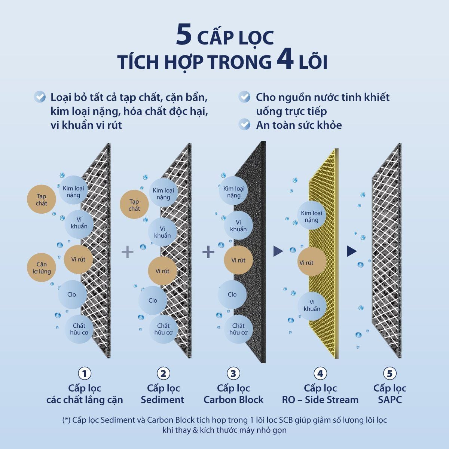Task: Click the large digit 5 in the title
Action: pos(184,36)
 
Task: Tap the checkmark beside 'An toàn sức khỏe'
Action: pos(245,125)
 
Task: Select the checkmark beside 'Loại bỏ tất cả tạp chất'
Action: pos(40,97)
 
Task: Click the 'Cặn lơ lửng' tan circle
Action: pos(42,268)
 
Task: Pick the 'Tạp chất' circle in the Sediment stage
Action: pos(134,205)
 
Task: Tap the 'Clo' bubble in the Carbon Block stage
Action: pos(232,294)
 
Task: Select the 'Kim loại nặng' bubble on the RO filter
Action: pos(311,216)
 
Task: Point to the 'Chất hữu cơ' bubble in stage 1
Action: pos(79,329)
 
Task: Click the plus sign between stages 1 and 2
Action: pos(128,251)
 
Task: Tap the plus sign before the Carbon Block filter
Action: pos(208,251)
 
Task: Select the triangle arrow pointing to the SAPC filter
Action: pos(351,251)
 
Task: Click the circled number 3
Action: pos(233,373)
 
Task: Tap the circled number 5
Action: pos(390,373)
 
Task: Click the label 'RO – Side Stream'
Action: pos(320,400)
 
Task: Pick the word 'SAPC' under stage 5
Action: pos(390,400)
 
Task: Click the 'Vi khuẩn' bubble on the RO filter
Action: pos(312,305)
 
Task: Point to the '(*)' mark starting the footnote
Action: pos(66,420)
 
